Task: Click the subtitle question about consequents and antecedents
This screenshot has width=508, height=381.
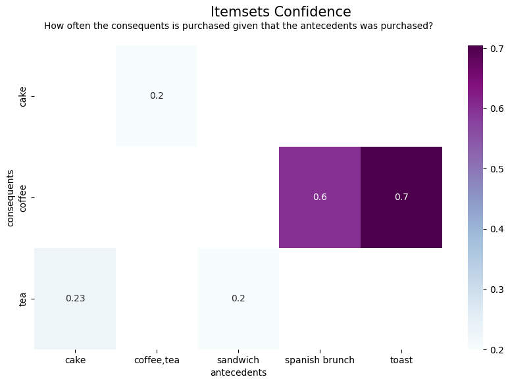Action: click(238, 26)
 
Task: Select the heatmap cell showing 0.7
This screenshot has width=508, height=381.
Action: click(401, 197)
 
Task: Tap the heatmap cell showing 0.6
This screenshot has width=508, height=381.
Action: click(320, 197)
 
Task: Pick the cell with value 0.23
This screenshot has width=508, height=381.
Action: click(75, 298)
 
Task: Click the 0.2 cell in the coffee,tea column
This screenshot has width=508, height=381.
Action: click(157, 96)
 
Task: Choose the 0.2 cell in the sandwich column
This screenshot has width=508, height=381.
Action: click(238, 298)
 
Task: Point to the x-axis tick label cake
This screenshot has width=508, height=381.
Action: click(75, 360)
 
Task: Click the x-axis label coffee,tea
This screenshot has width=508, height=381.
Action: click(157, 360)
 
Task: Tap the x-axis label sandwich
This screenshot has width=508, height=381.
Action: click(238, 360)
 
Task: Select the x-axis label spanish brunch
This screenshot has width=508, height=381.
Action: click(320, 360)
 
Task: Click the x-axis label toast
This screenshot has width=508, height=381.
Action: click(401, 360)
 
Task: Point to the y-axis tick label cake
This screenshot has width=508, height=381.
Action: click(23, 96)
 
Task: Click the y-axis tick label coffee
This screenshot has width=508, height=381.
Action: click(23, 197)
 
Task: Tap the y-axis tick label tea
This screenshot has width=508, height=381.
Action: click(23, 298)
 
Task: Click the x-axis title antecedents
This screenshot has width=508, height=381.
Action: click(238, 372)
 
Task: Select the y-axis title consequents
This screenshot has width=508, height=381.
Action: click(11, 197)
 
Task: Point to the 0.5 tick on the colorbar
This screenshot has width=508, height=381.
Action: click(496, 168)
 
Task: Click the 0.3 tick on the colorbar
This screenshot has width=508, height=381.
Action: click(496, 289)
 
